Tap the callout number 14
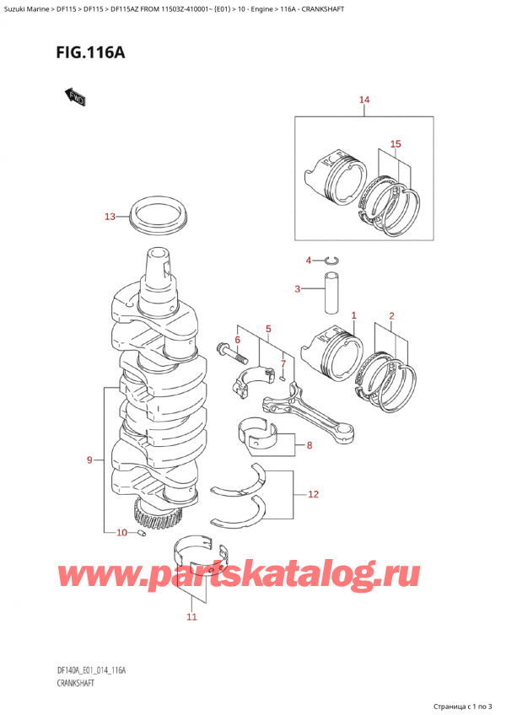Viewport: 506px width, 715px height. pyautogui.click(x=364, y=102)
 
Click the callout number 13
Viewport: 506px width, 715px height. pyautogui.click(x=110, y=217)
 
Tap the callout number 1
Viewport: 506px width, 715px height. pyautogui.click(x=354, y=316)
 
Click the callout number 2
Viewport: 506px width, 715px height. pyautogui.click(x=390, y=316)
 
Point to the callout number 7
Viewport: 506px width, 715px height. pyautogui.click(x=283, y=363)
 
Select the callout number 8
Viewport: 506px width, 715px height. pyautogui.click(x=310, y=446)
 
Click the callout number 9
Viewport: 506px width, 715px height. pyautogui.click(x=90, y=460)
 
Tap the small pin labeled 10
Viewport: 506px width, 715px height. pyautogui.click(x=142, y=533)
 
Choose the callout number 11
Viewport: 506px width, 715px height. pyautogui.click(x=191, y=617)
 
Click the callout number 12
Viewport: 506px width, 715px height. pyautogui.click(x=314, y=494)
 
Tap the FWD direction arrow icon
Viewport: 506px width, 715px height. pyautogui.click(x=73, y=97)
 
